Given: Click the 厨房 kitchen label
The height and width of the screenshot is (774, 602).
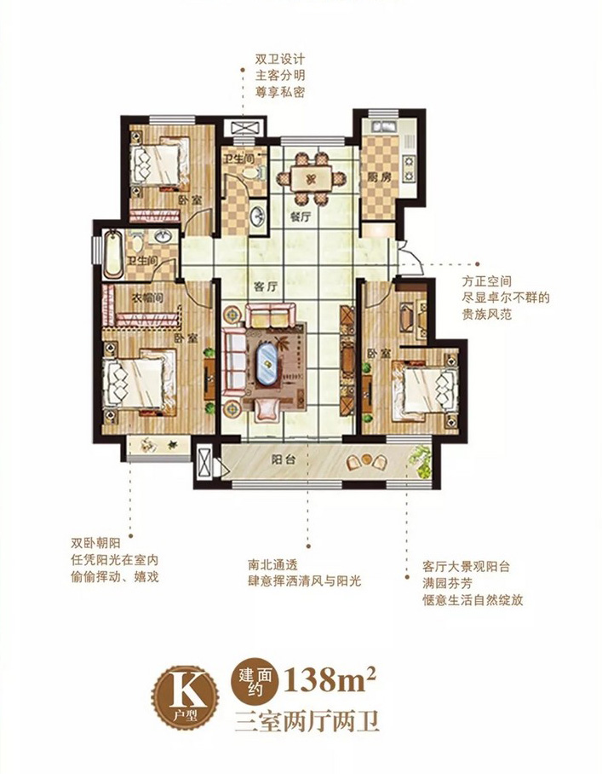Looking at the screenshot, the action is pyautogui.click(x=378, y=177).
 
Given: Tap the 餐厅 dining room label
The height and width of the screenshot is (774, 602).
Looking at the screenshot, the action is pyautogui.click(x=301, y=217).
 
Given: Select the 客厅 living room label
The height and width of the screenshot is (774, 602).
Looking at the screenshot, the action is pyautogui.click(x=266, y=286).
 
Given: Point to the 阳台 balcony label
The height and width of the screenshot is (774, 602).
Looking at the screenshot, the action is pyautogui.click(x=284, y=459).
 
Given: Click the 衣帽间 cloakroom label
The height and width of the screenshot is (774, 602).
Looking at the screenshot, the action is pyautogui.click(x=147, y=297).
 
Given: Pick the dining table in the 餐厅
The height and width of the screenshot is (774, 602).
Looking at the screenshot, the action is pyautogui.click(x=311, y=179).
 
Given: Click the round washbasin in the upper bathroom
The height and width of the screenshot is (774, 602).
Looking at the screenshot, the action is pyautogui.click(x=258, y=217).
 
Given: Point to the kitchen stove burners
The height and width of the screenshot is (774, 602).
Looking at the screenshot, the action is pyautogui.click(x=410, y=168).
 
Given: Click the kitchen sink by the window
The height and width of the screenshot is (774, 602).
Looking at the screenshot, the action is pyautogui.click(x=381, y=126).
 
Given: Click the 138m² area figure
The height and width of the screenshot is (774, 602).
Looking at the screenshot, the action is pyautogui.click(x=330, y=679).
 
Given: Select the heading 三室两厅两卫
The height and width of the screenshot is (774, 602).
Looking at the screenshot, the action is pyautogui.click(x=307, y=721).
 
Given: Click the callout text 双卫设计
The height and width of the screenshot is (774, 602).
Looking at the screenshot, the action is pyautogui.click(x=280, y=59).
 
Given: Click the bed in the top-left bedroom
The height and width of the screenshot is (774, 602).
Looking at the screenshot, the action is pyautogui.click(x=158, y=159).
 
